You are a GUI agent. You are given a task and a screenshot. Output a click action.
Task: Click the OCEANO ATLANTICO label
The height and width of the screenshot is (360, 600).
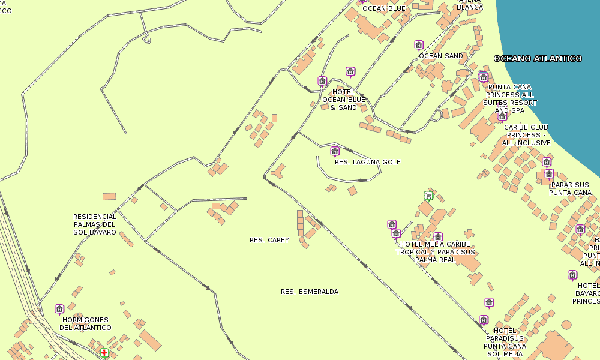click(538, 58)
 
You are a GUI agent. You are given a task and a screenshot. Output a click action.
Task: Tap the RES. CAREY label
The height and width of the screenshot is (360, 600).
click(269, 240)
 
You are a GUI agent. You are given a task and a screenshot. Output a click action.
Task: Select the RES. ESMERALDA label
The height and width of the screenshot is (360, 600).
click(310, 292)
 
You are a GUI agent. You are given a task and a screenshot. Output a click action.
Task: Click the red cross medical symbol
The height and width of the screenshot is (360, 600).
click(104, 353)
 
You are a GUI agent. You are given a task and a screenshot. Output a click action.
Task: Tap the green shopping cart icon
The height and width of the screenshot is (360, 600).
click(428, 195)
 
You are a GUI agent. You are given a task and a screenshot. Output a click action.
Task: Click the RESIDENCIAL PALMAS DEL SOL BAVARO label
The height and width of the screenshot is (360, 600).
click(95, 224)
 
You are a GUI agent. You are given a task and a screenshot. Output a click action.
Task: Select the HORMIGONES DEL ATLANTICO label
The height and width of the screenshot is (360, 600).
click(86, 324)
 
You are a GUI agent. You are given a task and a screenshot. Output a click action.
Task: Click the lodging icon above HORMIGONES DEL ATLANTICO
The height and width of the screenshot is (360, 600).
click(59, 309)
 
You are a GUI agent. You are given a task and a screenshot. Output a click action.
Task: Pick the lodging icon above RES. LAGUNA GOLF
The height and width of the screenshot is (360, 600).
click(335, 151)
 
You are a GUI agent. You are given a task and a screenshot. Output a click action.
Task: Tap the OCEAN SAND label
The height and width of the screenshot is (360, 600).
click(441, 56)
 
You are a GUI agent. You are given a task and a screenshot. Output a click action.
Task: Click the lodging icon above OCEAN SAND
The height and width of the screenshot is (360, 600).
click(419, 45)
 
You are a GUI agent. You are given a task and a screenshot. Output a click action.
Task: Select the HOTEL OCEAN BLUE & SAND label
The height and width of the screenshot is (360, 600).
click(344, 100)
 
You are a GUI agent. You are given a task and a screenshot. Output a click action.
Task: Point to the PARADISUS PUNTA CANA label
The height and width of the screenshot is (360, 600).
click(570, 189)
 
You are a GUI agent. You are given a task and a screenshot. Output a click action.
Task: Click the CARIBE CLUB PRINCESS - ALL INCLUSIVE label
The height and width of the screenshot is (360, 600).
click(526, 135)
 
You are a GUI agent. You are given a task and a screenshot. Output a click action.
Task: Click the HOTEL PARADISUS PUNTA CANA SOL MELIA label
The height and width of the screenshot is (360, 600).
click(505, 343)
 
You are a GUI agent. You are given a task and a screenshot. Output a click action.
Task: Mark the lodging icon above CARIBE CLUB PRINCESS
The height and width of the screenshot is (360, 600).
click(502, 116)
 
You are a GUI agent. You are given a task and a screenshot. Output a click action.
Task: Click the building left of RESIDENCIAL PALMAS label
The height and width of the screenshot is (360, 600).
click(109, 196)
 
